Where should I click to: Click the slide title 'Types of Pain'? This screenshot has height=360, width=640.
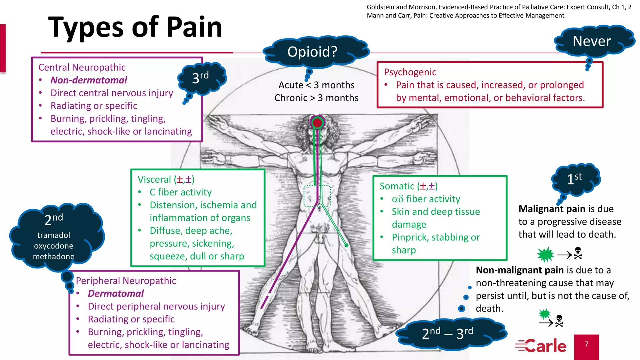click(x=135, y=27)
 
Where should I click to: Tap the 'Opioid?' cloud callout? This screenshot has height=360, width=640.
click(x=312, y=52)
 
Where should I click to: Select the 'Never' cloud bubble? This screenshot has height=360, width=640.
click(x=592, y=41)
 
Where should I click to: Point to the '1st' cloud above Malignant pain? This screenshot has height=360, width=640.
click(x=574, y=179)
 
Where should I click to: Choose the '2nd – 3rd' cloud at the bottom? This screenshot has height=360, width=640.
click(x=447, y=333)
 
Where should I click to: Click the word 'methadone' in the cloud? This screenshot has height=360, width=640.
click(x=54, y=257)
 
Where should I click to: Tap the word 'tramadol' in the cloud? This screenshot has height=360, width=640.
click(x=54, y=235)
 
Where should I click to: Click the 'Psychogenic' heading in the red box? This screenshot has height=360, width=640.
click(x=410, y=72)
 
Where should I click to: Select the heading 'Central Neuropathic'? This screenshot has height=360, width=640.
click(x=82, y=67)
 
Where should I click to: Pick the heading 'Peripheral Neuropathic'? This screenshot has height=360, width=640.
click(x=126, y=281)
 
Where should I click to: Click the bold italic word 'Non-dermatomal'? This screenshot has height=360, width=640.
click(x=89, y=80)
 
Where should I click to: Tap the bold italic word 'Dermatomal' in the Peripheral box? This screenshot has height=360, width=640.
click(x=116, y=293)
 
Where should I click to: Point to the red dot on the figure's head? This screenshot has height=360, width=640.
click(x=317, y=123)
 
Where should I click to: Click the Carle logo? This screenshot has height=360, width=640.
click(x=541, y=346)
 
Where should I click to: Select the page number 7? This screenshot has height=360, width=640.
click(x=587, y=344)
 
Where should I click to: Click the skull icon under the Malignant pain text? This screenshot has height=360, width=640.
click(x=578, y=253)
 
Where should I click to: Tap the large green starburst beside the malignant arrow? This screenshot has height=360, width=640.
click(x=546, y=255)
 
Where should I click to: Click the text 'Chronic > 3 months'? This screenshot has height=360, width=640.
click(x=316, y=98)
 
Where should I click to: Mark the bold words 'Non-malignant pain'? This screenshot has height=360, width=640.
click(x=520, y=270)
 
